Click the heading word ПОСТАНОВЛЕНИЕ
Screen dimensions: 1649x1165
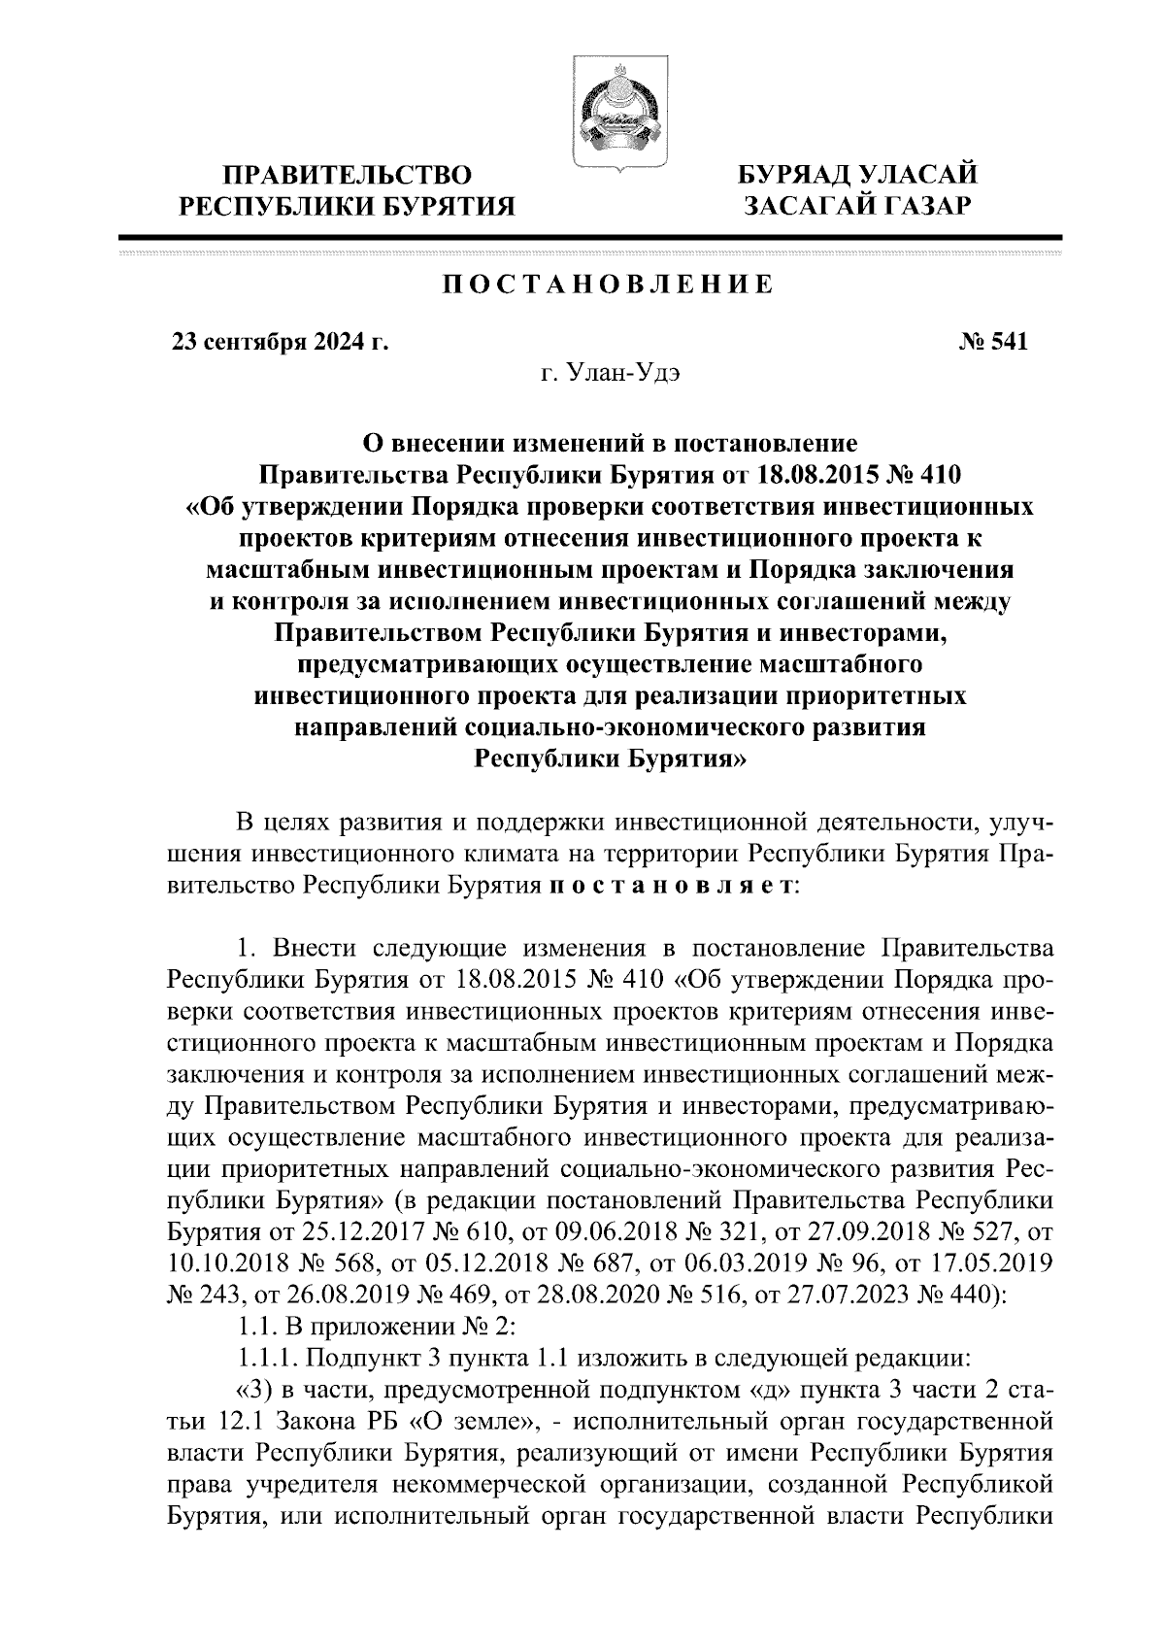(x=608, y=286)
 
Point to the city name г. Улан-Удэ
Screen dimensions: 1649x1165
(x=608, y=375)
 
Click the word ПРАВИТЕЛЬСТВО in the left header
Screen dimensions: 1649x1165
(x=349, y=176)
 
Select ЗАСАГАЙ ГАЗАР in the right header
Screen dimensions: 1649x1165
(x=856, y=206)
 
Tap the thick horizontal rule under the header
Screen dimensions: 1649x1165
(x=589, y=236)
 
